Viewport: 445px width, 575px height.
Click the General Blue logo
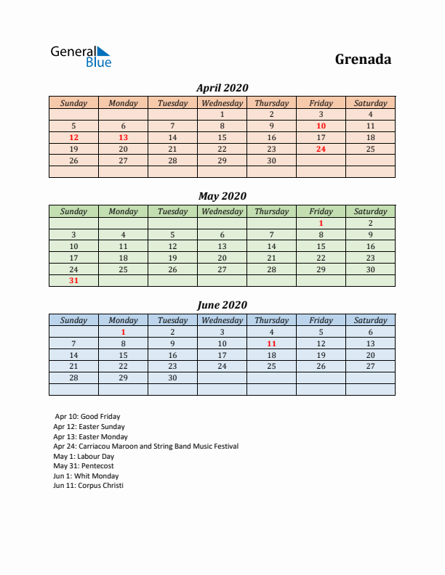(81, 57)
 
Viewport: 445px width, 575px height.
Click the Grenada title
(363, 59)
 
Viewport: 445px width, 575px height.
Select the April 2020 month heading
(222, 88)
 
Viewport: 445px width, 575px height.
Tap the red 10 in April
(321, 126)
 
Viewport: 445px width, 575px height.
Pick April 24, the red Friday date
(321, 149)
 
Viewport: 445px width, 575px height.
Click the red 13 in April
(123, 137)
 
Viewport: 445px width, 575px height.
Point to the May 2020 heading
(222, 196)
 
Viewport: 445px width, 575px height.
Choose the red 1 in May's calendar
(321, 223)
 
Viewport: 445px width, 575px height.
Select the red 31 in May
(73, 280)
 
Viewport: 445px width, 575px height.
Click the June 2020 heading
(222, 305)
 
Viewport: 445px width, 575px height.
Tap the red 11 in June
(271, 343)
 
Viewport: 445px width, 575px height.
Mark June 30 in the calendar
(172, 378)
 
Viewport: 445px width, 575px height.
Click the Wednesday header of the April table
(222, 103)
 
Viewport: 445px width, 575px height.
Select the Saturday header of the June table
(370, 320)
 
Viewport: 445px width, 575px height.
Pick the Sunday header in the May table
(73, 211)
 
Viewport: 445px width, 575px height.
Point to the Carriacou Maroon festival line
(145, 446)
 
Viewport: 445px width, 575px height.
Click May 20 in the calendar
(222, 258)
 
